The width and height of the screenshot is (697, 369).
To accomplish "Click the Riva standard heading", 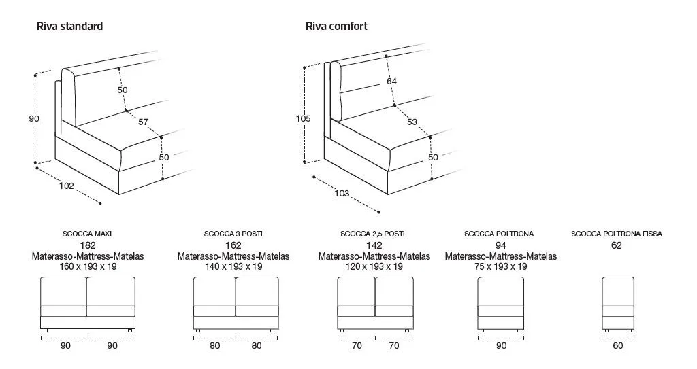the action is (x=69, y=27).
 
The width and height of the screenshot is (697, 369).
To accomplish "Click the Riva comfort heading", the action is (x=336, y=27).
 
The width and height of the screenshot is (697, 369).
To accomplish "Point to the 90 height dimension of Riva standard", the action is (x=34, y=118).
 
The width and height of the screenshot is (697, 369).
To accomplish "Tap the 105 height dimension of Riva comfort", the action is (x=303, y=118).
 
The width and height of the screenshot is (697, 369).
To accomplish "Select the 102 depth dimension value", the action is (x=66, y=186).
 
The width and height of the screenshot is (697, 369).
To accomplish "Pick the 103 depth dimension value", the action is (x=342, y=193).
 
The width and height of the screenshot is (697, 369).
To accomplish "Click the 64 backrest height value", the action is (x=391, y=82).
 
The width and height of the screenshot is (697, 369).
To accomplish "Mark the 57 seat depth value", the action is (x=143, y=122).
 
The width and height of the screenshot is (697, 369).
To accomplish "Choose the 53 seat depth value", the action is (x=412, y=122).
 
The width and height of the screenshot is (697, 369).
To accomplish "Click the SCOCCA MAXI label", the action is (x=87, y=234).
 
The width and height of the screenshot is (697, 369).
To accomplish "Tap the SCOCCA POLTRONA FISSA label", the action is (x=617, y=234).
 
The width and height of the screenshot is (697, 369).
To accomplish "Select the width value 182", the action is (x=88, y=245).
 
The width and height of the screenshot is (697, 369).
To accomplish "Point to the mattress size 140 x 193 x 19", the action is (x=233, y=266).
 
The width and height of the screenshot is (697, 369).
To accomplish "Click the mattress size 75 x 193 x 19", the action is (x=500, y=266).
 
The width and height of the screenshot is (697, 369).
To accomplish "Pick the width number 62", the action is (x=617, y=245).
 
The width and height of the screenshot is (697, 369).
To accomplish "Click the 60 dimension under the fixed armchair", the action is (x=618, y=345).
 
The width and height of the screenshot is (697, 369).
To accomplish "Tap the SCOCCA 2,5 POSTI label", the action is (x=372, y=234).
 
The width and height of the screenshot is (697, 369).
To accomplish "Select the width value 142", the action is (x=374, y=245).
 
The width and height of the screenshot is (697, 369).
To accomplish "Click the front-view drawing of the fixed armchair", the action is (x=618, y=304).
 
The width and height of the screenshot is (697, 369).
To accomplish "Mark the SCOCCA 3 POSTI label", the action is (x=233, y=234).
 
